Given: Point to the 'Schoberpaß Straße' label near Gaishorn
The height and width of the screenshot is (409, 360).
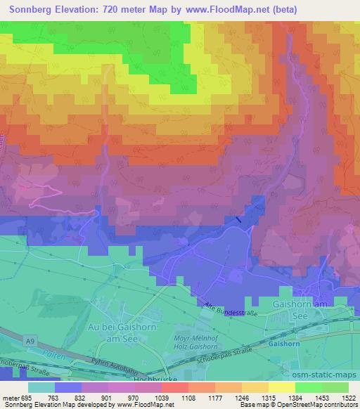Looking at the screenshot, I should [x=234, y=348].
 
